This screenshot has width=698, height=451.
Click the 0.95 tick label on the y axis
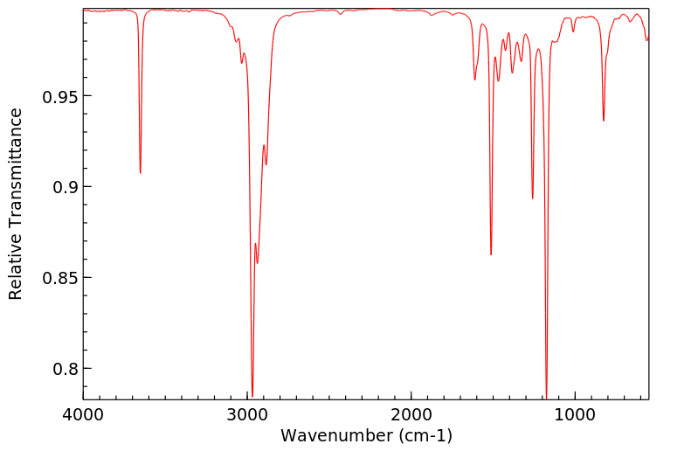(59, 96)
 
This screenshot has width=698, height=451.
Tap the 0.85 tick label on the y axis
(59, 278)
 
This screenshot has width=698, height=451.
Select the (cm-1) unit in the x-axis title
(422, 435)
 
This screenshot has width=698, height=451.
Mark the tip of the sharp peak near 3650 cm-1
(140, 173)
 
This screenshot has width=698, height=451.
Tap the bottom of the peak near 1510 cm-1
(491, 254)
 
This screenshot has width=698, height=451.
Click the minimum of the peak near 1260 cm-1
(532, 198)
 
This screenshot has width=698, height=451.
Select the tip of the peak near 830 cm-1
(604, 121)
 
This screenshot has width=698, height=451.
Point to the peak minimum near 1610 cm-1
(474, 80)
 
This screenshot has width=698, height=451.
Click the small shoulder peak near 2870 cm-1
(266, 164)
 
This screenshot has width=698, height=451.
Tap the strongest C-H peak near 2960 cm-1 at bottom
(252, 396)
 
